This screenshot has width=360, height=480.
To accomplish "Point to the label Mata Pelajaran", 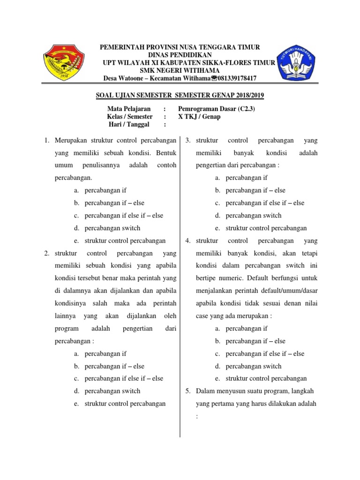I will click(x=129, y=109).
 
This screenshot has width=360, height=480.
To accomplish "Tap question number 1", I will click(x=47, y=140).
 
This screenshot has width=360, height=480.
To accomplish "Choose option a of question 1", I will click(x=105, y=190).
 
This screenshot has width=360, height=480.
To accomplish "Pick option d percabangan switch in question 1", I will click(x=112, y=228).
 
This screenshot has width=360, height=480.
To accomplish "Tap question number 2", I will click(x=47, y=254).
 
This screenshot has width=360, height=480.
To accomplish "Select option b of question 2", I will click(x=114, y=366).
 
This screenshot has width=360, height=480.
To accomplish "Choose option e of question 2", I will click(x=125, y=404).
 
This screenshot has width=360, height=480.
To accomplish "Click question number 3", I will click(x=188, y=140).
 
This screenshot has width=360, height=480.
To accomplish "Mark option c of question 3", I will click(x=264, y=203).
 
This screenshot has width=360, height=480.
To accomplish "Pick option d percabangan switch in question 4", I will click(x=253, y=366).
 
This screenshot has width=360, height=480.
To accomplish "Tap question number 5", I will click(x=188, y=391).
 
